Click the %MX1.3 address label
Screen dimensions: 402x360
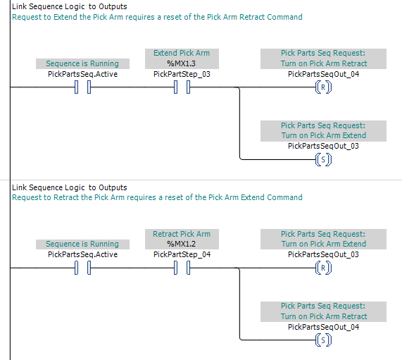point(181,63)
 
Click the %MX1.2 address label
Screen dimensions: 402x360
point(181,244)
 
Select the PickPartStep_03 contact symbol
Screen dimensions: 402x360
point(182,87)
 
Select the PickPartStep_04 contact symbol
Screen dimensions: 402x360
point(182,268)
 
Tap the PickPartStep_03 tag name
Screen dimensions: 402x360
point(182,74)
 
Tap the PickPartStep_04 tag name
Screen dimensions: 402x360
point(182,254)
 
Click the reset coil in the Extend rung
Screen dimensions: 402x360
point(323,87)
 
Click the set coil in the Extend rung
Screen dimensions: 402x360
point(323,160)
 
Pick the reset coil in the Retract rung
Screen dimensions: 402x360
point(323,268)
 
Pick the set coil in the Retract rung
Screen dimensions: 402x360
point(323,340)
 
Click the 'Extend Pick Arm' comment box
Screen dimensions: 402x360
point(182,58)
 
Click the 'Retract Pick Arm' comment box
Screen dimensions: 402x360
point(182,239)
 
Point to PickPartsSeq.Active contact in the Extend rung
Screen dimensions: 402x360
point(82,87)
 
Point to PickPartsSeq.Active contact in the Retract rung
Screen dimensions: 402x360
point(82,268)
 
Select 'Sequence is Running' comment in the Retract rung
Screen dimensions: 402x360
point(82,244)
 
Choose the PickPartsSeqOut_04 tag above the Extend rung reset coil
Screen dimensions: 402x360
point(323,74)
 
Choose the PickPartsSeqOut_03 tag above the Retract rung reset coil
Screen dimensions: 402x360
point(323,254)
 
